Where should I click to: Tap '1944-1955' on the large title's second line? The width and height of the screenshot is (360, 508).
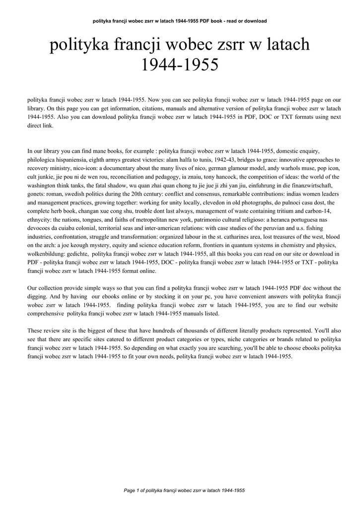[180, 65]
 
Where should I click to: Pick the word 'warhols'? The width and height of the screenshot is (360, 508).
[274, 168]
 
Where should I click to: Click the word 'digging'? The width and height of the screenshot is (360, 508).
[38, 296]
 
